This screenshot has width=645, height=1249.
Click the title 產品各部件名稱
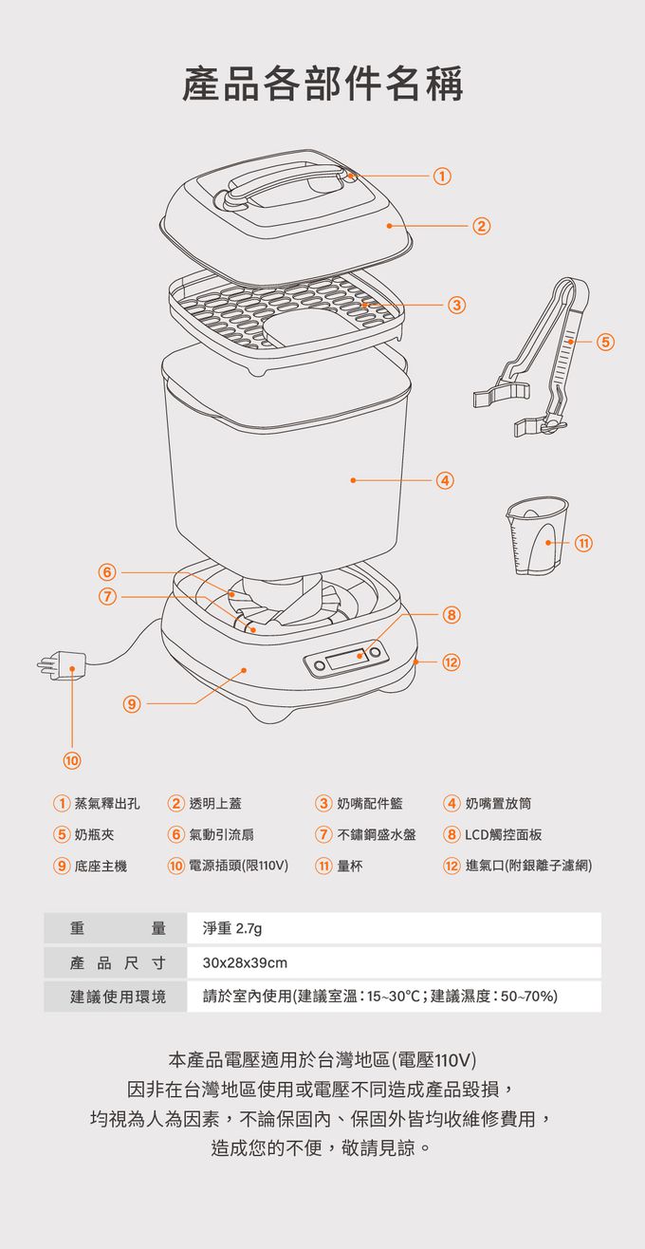click(x=322, y=84)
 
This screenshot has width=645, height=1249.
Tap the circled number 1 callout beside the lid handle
click(x=441, y=177)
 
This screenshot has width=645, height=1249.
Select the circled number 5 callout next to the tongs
click(x=605, y=341)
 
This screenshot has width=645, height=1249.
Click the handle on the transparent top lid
click(x=285, y=181)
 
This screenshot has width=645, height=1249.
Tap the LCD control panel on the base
click(x=346, y=659)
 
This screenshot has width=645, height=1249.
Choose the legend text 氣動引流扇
click(x=220, y=835)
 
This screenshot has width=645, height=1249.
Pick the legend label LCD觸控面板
click(x=503, y=835)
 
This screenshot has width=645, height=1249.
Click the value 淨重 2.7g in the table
click(x=227, y=928)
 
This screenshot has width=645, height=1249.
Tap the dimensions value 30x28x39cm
click(x=245, y=963)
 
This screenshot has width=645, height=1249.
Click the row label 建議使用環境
click(x=118, y=997)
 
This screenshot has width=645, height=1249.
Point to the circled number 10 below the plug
click(x=72, y=760)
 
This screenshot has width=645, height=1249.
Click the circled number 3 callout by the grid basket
click(x=457, y=305)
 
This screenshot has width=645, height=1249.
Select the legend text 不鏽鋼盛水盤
click(x=376, y=835)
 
